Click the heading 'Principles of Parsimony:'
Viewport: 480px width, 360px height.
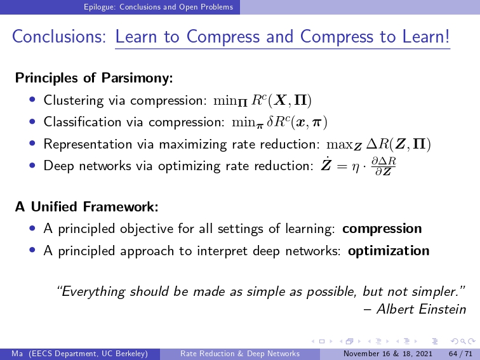(94, 77)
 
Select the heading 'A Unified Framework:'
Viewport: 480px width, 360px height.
(86, 206)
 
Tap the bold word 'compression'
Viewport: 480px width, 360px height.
(382, 229)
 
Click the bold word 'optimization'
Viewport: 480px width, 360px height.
(389, 251)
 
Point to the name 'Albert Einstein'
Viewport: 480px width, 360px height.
(421, 309)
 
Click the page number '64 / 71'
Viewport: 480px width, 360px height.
(460, 354)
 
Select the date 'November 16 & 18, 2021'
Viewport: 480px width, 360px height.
(388, 354)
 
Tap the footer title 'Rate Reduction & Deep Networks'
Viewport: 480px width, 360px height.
(240, 354)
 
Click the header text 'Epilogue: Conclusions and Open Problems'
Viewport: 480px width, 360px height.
(159, 7)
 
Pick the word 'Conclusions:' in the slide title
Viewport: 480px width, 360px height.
(59, 36)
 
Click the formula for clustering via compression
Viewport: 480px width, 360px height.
(262, 100)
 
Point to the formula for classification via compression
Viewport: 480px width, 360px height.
(279, 123)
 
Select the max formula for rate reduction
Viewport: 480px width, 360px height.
(378, 144)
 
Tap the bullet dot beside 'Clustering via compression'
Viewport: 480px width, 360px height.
(32, 100)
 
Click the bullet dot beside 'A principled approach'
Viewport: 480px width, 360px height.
(32, 250)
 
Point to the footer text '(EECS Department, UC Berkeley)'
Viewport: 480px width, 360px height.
(88, 354)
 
